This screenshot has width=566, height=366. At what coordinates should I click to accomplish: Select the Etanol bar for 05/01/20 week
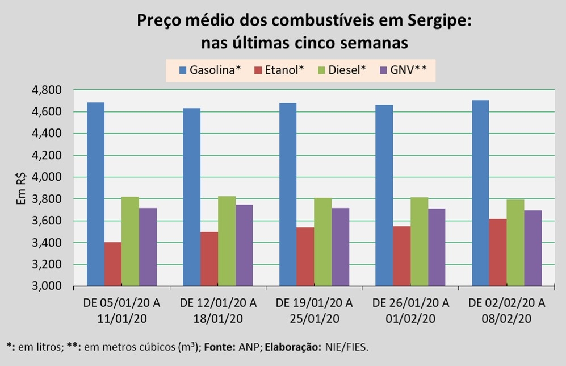pos(113,264)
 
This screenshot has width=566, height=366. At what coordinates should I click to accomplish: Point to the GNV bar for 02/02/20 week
pos(533,248)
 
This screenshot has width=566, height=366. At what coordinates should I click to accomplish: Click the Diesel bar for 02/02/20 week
pos(515,243)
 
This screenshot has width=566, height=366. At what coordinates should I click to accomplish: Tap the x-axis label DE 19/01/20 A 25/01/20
pos(315,310)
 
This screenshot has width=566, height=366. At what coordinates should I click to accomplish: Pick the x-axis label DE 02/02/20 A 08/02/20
pos(507,310)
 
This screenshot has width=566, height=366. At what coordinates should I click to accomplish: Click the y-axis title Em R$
pos(21,188)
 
